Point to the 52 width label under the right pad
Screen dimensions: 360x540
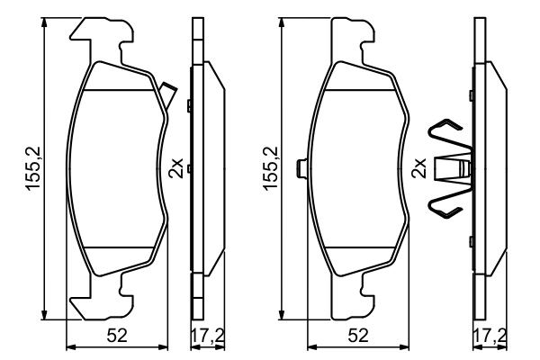pyautogui.click(x=358, y=337)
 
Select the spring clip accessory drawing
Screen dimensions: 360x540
pyautogui.click(x=450, y=168)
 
